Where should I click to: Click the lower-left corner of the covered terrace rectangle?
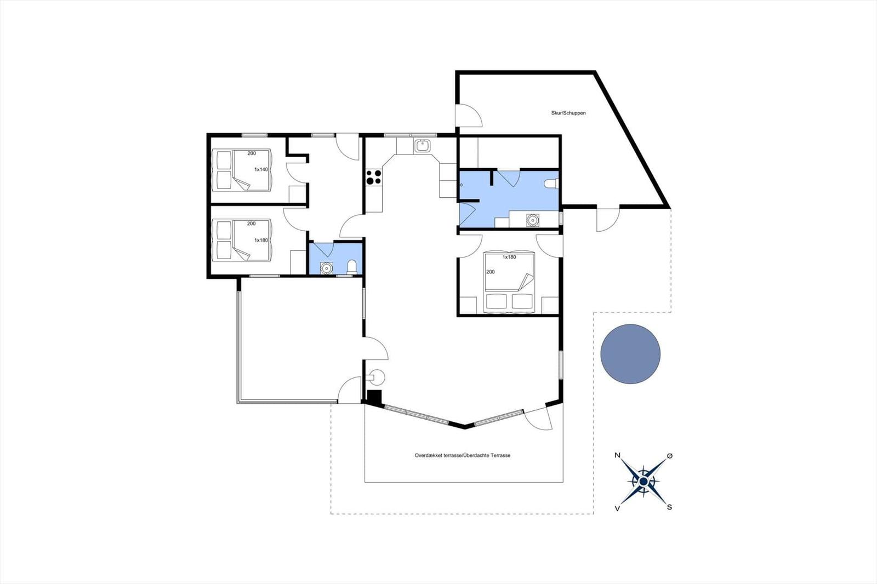click(365, 482)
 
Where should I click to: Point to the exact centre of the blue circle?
click(630, 354)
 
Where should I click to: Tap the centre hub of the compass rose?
click(643, 481)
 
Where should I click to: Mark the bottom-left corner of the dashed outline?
click(331, 513)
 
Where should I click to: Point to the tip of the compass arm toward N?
click(621, 460)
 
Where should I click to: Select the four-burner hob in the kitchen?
click(373, 177)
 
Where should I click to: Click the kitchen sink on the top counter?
click(422, 146)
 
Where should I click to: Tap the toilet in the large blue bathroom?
click(551, 184)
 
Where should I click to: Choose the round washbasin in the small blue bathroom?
click(326, 268)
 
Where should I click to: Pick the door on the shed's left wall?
click(469, 115)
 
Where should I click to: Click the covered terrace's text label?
click(463, 456)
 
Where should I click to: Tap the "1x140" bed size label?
click(261, 169)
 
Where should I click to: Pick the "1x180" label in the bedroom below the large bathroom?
click(509, 257)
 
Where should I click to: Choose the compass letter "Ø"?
click(670, 456)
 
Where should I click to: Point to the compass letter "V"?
click(617, 509)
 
